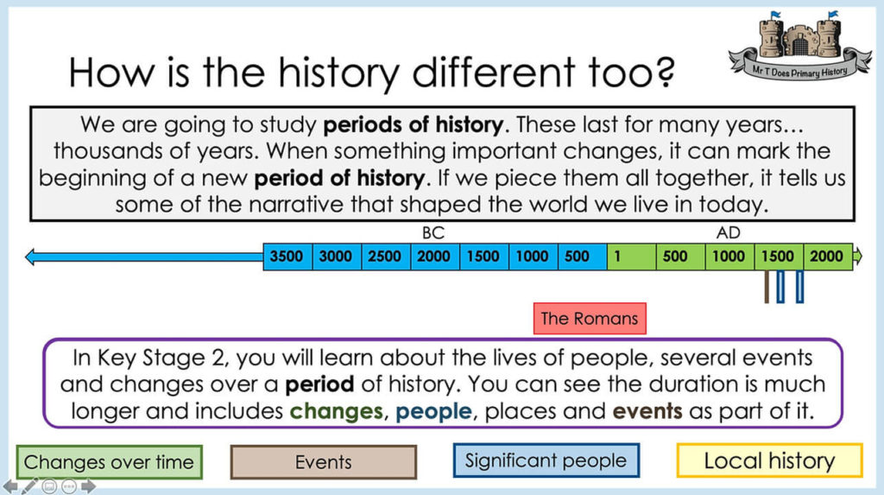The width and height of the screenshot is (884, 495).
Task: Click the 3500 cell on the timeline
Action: [287, 257]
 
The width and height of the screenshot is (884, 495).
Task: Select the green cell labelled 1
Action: [631, 257]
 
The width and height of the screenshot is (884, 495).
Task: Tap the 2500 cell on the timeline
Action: [386, 257]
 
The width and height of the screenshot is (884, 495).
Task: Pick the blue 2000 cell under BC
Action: [435, 257]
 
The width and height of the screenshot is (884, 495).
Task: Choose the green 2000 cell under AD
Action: [827, 257]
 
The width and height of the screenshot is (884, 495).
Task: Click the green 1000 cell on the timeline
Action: [729, 257]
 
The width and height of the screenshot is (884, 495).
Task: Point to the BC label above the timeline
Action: [433, 233]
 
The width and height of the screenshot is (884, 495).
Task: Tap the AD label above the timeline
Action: [729, 233]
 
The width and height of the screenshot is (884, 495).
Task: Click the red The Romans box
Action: [590, 318]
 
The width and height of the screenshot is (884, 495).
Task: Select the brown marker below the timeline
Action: [767, 287]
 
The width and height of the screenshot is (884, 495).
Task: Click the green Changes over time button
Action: [109, 462]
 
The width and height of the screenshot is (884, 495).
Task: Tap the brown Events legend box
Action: [323, 462]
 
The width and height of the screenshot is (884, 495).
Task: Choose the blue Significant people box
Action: [546, 460]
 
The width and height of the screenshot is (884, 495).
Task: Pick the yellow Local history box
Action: [769, 460]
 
